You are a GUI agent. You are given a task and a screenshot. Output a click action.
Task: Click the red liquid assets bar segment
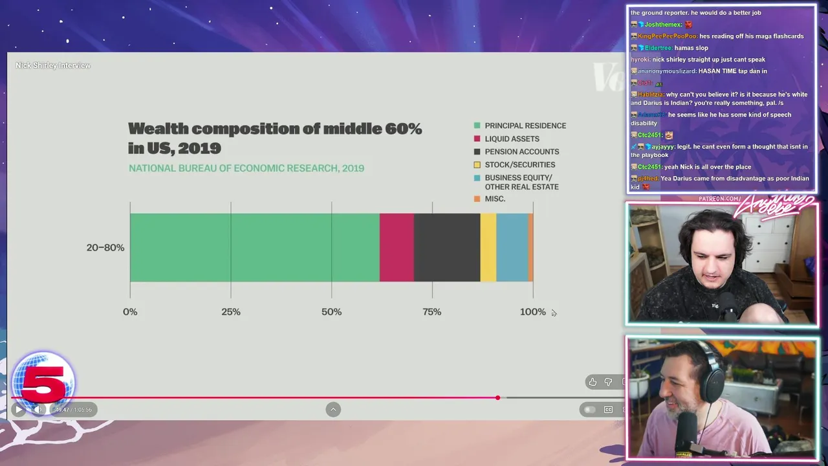[x=397, y=247]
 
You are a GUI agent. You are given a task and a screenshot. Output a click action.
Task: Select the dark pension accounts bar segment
[x=447, y=247]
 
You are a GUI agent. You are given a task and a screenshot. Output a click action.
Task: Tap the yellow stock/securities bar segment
[x=488, y=247]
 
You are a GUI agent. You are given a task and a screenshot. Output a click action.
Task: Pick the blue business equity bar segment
[x=512, y=247]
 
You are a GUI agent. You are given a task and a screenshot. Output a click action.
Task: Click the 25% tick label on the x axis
[x=231, y=312]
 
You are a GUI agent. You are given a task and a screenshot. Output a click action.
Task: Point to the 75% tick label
[x=432, y=312]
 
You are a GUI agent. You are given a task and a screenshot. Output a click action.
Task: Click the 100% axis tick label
[x=533, y=312]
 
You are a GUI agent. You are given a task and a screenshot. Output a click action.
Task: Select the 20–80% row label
[x=105, y=248]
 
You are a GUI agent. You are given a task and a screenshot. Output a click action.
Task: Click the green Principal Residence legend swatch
[x=477, y=126]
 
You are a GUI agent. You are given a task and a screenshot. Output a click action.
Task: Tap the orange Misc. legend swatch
[x=477, y=199]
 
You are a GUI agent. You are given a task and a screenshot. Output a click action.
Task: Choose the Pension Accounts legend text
[x=522, y=151]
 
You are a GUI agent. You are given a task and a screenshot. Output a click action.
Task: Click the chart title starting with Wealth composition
[x=274, y=138]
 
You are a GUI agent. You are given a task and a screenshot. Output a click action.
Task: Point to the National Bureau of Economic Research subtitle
[x=246, y=168]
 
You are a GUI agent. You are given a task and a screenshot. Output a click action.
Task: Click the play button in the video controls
[x=18, y=409]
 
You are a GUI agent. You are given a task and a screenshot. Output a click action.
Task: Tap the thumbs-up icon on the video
[x=593, y=382]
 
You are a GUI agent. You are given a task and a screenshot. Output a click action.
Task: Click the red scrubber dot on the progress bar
[x=497, y=397]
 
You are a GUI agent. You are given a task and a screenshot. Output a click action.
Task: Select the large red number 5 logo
[x=43, y=382]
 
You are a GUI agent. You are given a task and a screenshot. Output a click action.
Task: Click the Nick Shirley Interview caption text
[x=53, y=65]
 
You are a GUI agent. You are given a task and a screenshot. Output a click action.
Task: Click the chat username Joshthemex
[x=663, y=25]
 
